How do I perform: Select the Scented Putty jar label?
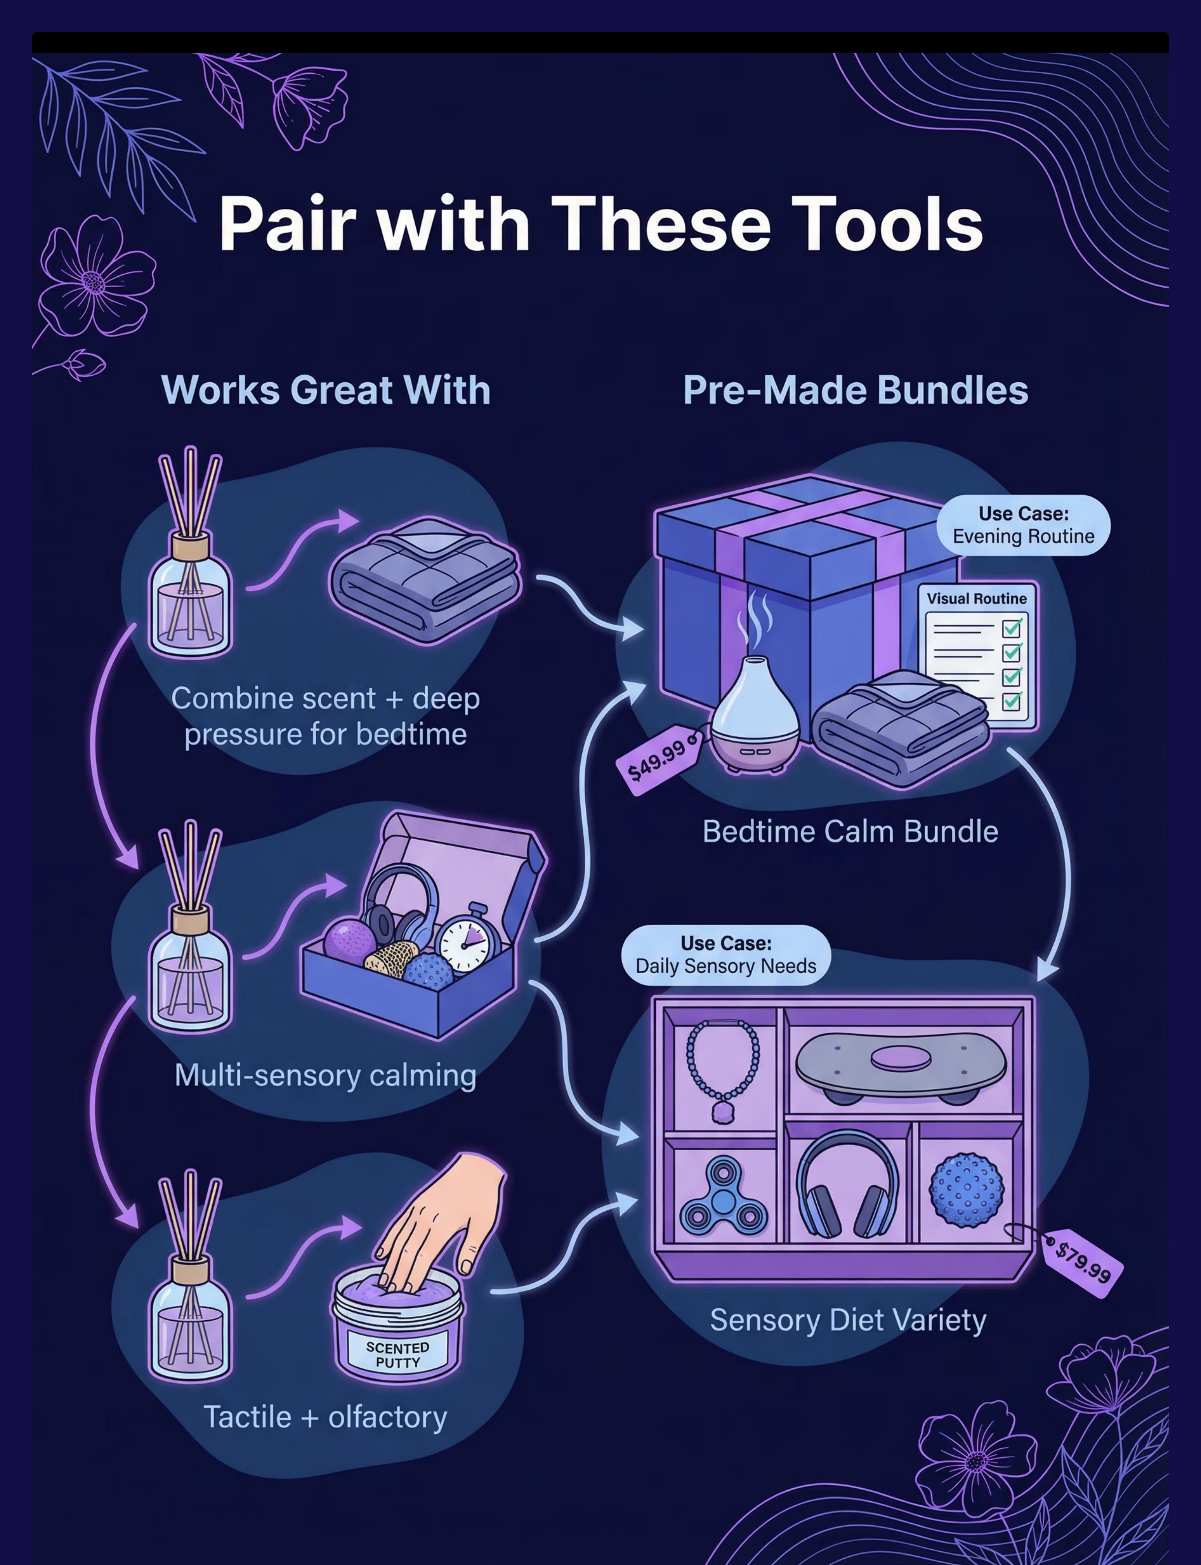click(x=397, y=1354)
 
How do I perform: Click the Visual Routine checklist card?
click(x=977, y=654)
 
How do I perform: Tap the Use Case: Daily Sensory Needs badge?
click(x=726, y=955)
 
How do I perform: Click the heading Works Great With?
click(x=326, y=390)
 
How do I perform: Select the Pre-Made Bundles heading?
click(x=855, y=390)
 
